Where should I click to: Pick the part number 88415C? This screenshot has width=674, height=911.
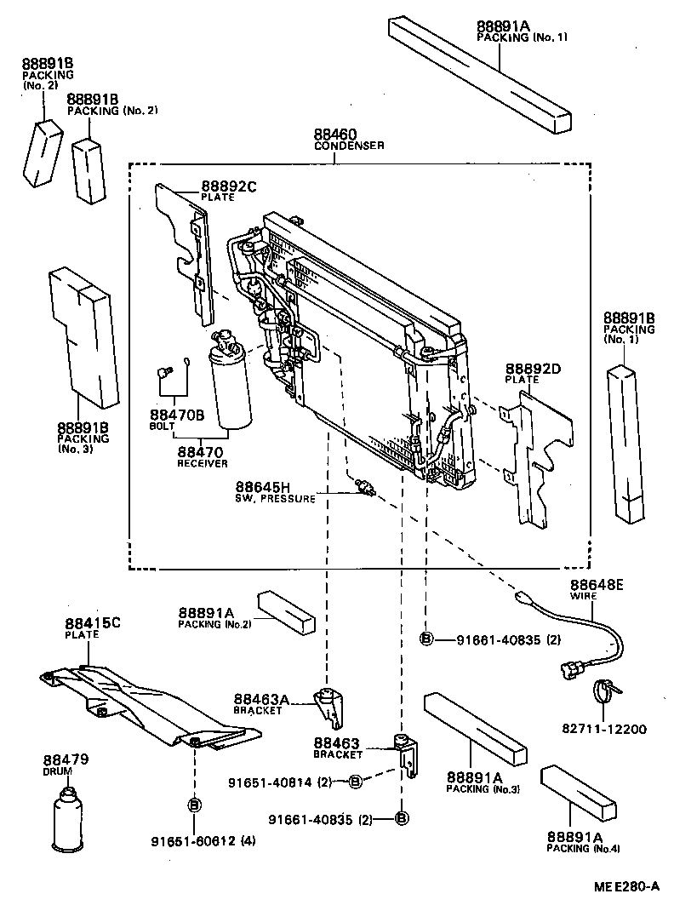(93, 623)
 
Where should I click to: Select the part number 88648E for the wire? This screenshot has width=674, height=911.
(597, 585)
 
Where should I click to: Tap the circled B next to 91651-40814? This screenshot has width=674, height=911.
(357, 781)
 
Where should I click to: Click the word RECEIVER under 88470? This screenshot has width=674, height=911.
(203, 463)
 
